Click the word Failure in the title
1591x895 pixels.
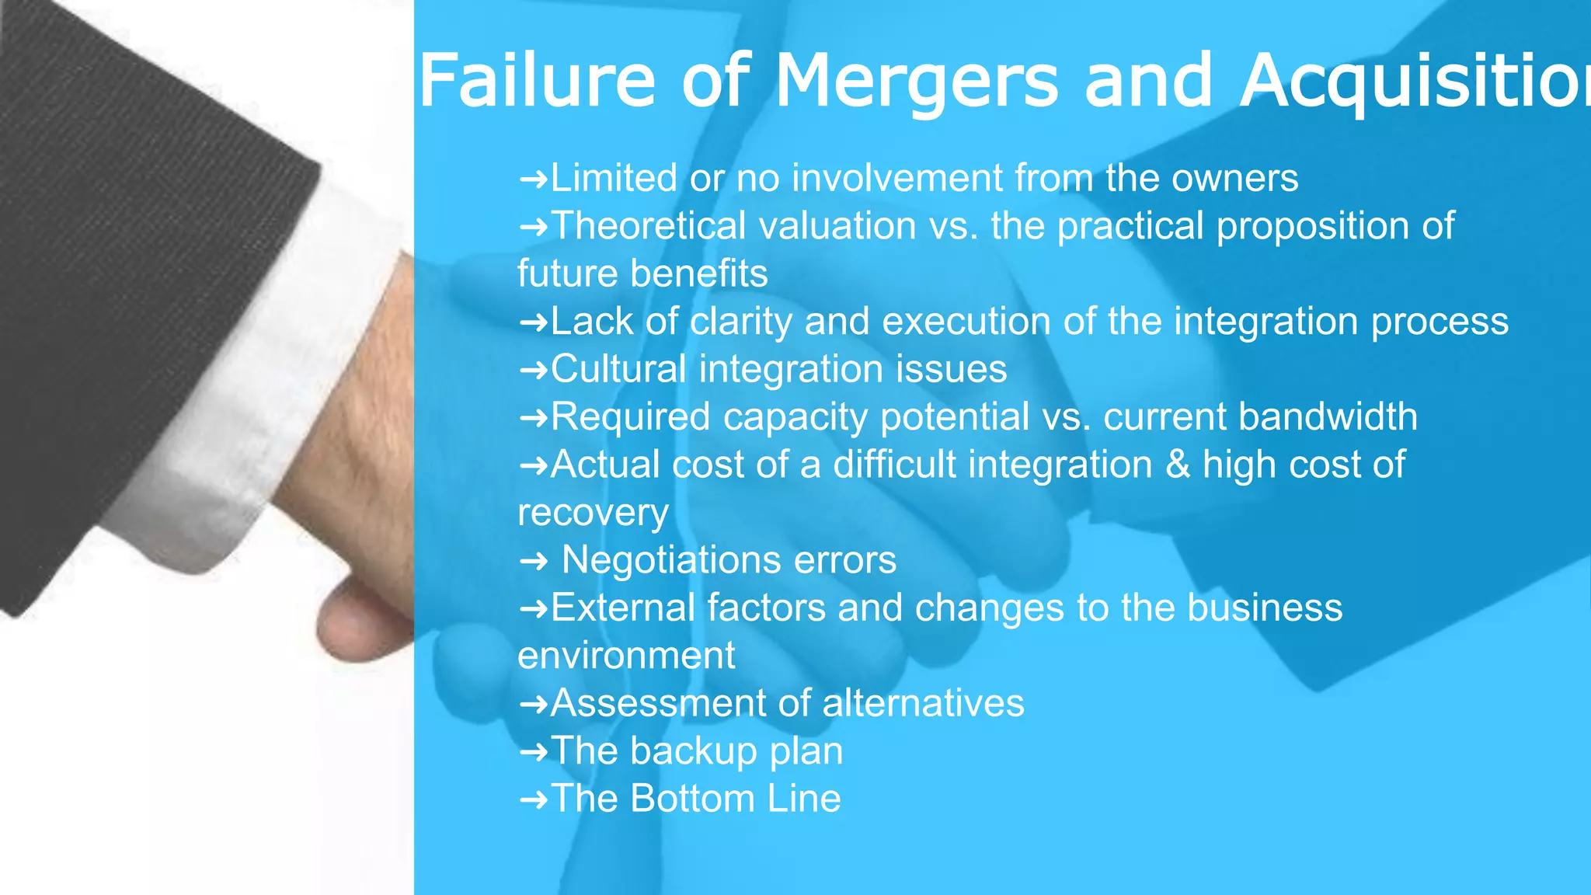[537, 81]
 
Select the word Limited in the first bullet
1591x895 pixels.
[614, 178]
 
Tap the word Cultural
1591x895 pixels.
[618, 369]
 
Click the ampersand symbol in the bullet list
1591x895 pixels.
[1178, 465]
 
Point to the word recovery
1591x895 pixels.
[593, 513]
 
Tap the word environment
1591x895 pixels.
[626, 656]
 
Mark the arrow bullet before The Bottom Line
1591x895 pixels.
[533, 799]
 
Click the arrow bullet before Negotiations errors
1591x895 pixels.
[533, 560]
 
